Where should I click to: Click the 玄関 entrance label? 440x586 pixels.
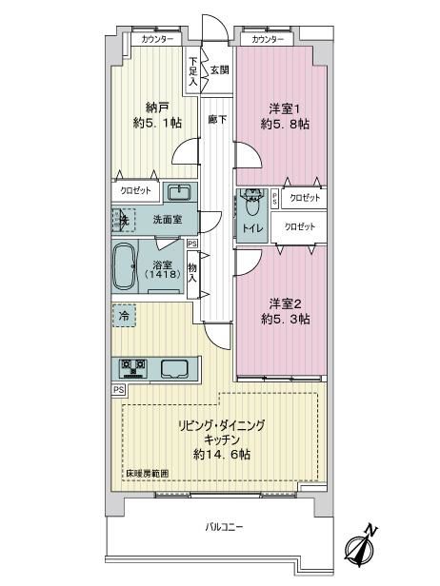(219, 69)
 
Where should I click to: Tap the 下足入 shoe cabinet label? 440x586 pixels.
(192, 71)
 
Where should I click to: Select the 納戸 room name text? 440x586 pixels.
(157, 108)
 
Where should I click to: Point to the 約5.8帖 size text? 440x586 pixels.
(285, 124)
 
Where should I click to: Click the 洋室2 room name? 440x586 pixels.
(285, 303)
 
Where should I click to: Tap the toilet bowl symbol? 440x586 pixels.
(252, 203)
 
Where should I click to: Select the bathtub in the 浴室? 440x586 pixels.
(124, 266)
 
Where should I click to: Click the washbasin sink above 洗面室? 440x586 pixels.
(180, 193)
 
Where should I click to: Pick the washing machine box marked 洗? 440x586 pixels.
(123, 220)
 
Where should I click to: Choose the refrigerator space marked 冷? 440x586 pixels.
(124, 316)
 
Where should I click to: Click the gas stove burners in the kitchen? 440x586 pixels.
(131, 367)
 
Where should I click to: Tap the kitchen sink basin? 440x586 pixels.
(174, 369)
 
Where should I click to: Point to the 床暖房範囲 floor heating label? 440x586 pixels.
(147, 473)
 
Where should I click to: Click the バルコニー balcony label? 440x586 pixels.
(224, 527)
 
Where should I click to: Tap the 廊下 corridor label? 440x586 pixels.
(217, 119)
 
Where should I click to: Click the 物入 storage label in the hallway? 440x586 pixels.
(192, 273)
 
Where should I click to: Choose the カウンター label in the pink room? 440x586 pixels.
(267, 39)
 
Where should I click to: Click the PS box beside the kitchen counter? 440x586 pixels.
(119, 390)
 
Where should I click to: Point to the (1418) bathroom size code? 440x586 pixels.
(162, 274)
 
